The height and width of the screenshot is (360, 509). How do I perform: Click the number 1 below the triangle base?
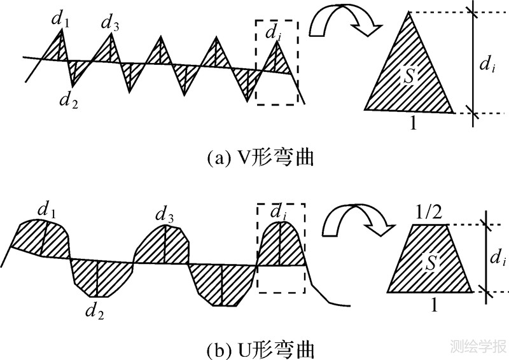[x=414, y=123]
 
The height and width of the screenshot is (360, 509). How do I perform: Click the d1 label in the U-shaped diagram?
[x=45, y=209]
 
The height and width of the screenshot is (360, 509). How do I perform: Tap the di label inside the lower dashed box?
[x=278, y=211]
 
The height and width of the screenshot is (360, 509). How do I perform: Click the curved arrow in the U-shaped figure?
[x=349, y=223]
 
